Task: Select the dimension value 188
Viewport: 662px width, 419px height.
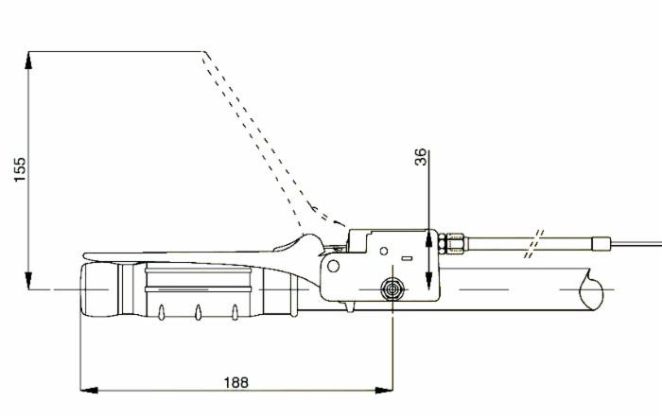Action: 235,381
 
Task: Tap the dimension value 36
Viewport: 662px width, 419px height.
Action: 422,158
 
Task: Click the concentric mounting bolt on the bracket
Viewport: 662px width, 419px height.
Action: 390,288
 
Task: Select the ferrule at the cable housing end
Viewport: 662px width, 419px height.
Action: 600,243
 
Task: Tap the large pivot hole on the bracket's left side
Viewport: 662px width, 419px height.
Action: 334,266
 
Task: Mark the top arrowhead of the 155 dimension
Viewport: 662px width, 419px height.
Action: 29,60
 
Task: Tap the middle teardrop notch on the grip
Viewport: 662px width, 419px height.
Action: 198,312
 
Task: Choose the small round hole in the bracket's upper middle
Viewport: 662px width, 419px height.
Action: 385,250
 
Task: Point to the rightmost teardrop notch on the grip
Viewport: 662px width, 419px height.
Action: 235,312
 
